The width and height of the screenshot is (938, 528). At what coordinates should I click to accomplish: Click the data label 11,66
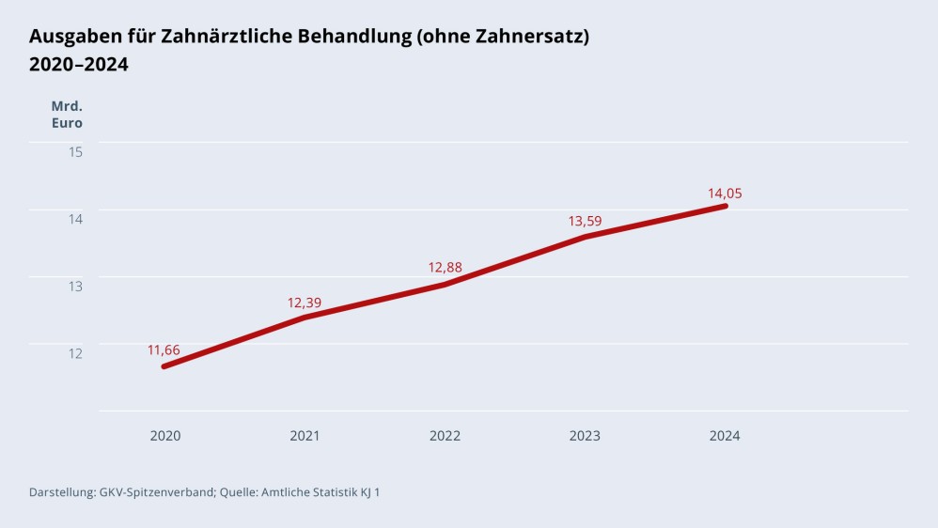pyautogui.click(x=164, y=349)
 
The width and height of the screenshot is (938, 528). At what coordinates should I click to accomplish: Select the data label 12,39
pyautogui.click(x=304, y=302)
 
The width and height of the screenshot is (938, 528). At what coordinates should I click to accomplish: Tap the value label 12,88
pyautogui.click(x=445, y=268)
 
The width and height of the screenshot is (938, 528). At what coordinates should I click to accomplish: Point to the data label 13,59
pyautogui.click(x=585, y=222)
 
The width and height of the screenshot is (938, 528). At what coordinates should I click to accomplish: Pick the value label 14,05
pyautogui.click(x=725, y=194)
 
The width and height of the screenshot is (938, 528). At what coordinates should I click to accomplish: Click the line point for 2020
pyautogui.click(x=164, y=366)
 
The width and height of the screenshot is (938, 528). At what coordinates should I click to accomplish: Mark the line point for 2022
pyautogui.click(x=445, y=284)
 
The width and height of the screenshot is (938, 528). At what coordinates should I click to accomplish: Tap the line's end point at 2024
pyautogui.click(x=725, y=206)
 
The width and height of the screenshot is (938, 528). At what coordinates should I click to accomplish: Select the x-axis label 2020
pyautogui.click(x=164, y=436)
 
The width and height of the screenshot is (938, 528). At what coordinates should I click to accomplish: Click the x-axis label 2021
pyautogui.click(x=305, y=436)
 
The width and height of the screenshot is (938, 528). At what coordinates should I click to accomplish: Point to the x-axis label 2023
pyautogui.click(x=585, y=436)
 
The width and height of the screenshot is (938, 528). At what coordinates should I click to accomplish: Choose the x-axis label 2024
pyautogui.click(x=725, y=436)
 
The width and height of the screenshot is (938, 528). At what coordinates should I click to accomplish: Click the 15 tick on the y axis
pyautogui.click(x=76, y=151)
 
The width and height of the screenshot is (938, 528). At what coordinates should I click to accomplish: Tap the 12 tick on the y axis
pyautogui.click(x=76, y=352)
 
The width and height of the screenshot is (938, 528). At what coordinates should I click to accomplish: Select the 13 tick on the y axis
pyautogui.click(x=76, y=286)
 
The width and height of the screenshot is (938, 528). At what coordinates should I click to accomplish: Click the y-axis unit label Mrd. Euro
pyautogui.click(x=67, y=115)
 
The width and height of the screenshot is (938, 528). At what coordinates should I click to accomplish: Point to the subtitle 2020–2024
pyautogui.click(x=79, y=65)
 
